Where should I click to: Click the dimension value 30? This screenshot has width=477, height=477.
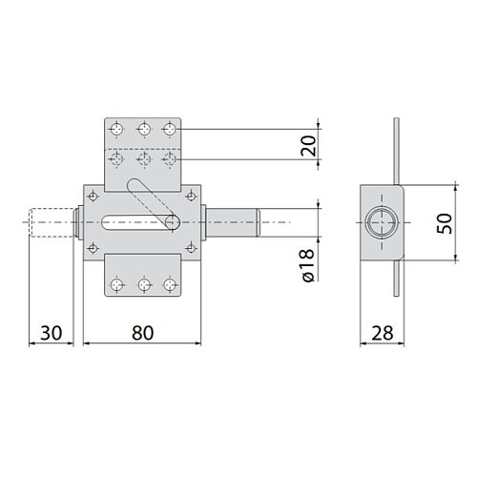51,333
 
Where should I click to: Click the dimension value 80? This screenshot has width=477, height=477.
142,333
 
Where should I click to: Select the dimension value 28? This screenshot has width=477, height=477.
382,333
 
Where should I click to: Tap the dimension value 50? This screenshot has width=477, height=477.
445,223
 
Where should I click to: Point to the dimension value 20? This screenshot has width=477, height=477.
308,146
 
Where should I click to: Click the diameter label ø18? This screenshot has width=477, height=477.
308,265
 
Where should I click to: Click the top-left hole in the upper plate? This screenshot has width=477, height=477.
116,129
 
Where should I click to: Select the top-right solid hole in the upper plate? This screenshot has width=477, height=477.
170,129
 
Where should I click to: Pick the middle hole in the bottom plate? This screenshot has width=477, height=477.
145,284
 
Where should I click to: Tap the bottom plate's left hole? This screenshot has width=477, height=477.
117,284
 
